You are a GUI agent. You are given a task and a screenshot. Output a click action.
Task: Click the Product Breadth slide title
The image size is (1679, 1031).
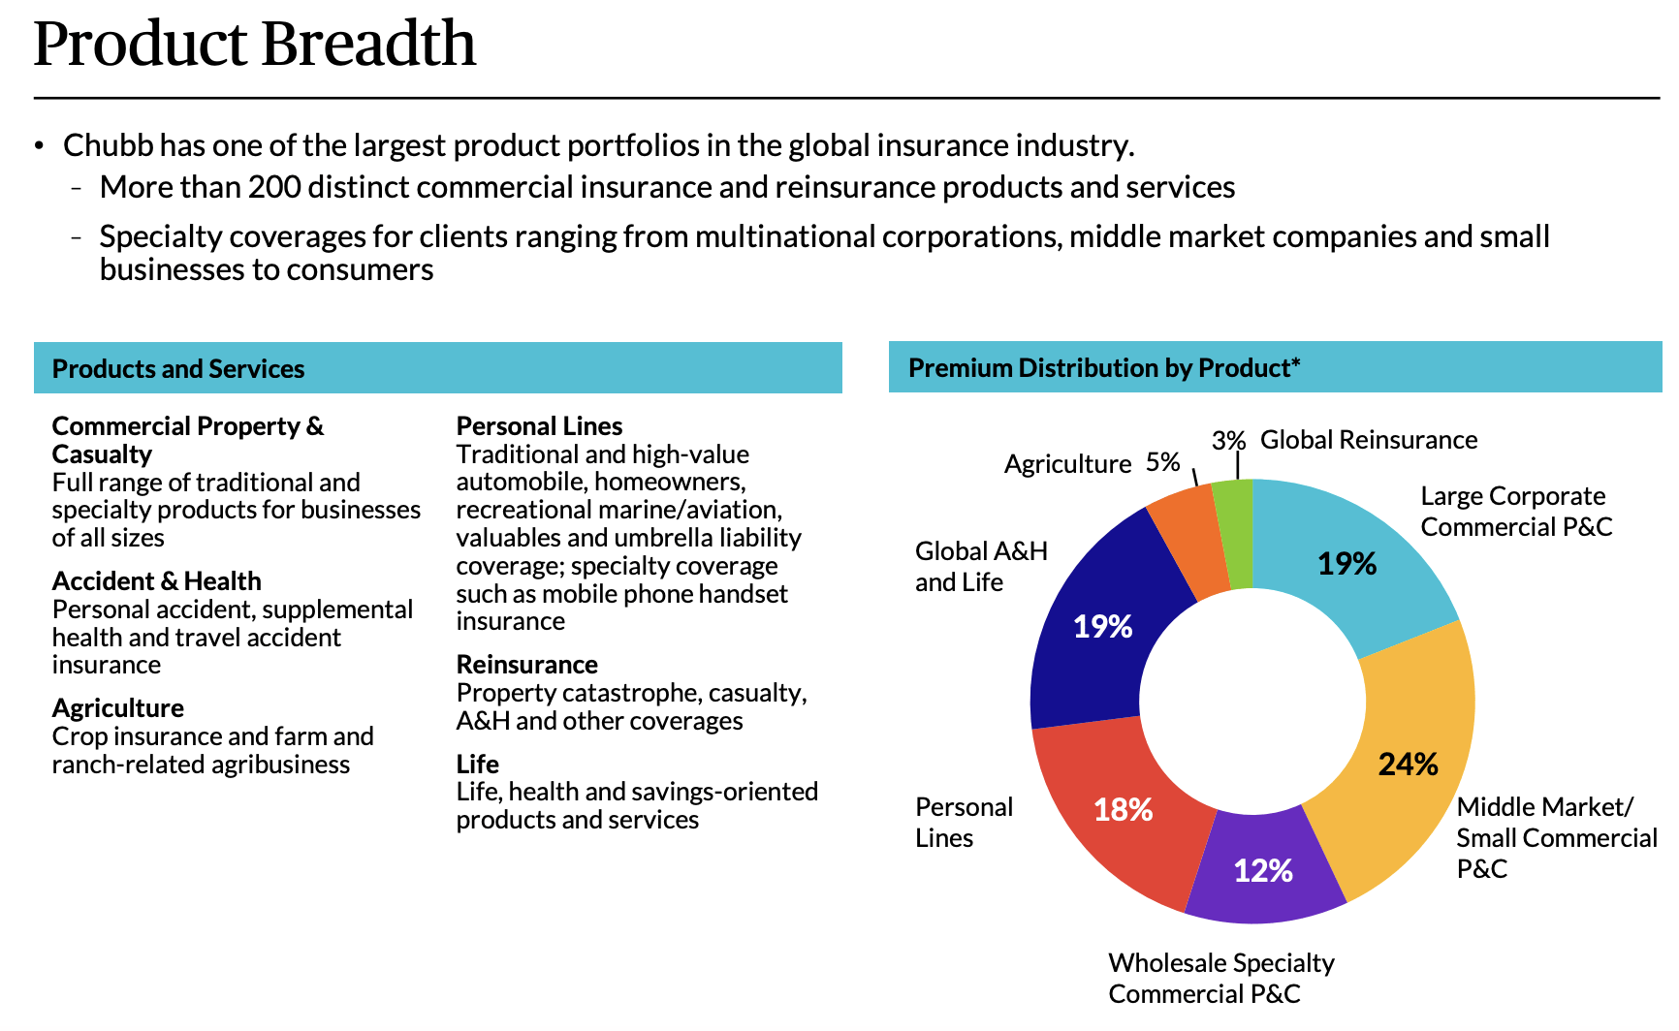pos(255,44)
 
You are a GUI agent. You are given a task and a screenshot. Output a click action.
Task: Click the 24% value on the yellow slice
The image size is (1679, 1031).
pos(1408,765)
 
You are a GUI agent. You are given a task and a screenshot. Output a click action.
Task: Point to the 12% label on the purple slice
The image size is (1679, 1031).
pos(1262,870)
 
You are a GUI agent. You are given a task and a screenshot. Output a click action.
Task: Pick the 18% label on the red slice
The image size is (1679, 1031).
pos(1123,809)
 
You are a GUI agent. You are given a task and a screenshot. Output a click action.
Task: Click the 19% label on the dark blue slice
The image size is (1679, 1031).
pos(1102,627)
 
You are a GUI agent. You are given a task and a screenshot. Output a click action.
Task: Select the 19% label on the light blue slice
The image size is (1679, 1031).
pos(1346,564)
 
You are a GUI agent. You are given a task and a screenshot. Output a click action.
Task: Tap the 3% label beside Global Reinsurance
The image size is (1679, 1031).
pos(1227,441)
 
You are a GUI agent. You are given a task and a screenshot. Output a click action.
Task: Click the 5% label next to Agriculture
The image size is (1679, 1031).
pos(1162,462)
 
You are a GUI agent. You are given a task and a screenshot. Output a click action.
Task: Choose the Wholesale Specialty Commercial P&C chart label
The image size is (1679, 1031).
pos(1220,978)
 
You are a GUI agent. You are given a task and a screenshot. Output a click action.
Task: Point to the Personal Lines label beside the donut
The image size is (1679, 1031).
pos(963,822)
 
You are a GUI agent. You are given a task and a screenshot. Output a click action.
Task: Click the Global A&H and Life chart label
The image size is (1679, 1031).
pos(980,566)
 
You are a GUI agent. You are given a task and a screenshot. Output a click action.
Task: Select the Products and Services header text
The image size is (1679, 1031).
pos(178,369)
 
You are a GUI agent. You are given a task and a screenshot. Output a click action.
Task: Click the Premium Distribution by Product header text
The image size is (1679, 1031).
pos(1103,368)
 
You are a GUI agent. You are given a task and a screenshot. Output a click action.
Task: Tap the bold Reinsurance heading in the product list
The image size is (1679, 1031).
pos(526,665)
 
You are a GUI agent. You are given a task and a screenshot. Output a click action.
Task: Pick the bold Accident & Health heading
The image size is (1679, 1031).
pos(156,581)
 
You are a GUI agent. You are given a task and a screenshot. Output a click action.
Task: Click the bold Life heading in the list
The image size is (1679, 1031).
pos(477,765)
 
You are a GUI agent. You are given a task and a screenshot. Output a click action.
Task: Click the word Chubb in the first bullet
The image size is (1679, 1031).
pos(108,145)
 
